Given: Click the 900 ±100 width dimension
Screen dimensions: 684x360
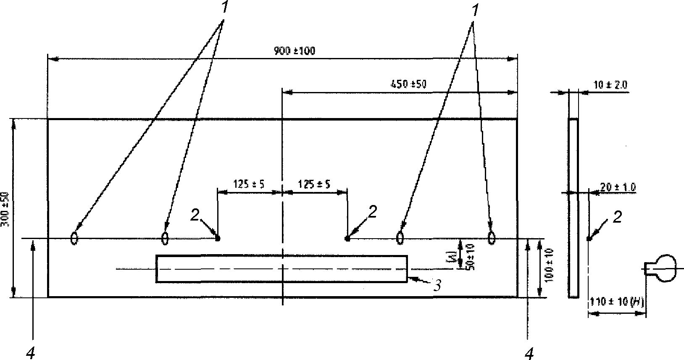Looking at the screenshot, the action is (x=294, y=51).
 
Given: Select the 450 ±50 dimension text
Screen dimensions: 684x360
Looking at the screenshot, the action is (x=408, y=84).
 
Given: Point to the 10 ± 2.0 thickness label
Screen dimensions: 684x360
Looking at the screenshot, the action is (x=610, y=85).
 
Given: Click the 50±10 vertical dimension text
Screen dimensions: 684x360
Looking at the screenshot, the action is (x=470, y=257).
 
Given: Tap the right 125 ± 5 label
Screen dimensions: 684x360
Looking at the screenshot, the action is (x=313, y=184).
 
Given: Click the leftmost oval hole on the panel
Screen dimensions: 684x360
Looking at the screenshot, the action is (x=74, y=238).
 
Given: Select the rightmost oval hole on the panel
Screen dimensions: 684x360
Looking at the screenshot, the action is (x=491, y=238).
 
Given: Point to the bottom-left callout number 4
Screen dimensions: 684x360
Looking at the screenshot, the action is (x=30, y=354).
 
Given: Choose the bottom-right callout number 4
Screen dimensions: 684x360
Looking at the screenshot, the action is (x=529, y=354).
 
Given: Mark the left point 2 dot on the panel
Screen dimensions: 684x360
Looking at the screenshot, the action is (x=218, y=239).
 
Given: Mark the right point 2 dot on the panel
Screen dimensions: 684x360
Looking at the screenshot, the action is (x=347, y=239).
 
